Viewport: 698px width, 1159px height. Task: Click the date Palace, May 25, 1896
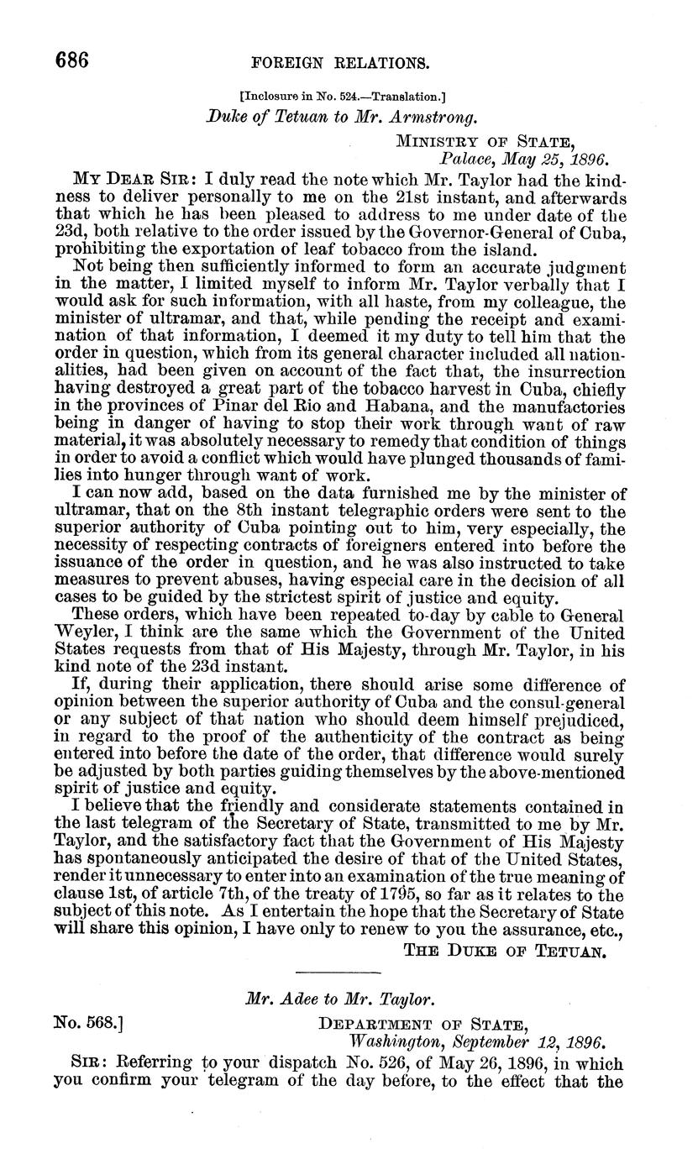523,157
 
